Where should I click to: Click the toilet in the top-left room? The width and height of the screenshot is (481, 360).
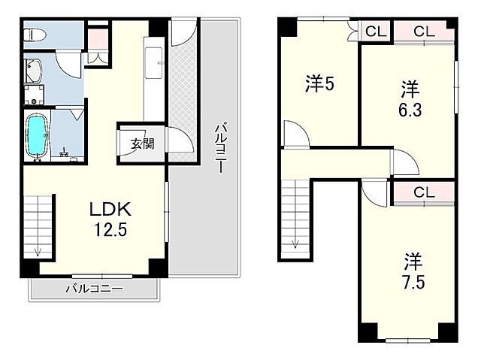pos(37,35)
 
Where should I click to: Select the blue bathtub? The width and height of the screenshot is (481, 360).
pos(36,135)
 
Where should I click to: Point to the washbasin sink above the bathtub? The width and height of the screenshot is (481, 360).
pos(35,71)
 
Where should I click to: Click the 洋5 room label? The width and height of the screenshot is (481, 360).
pos(319,84)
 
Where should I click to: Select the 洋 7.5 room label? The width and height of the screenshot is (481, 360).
pos(413,273)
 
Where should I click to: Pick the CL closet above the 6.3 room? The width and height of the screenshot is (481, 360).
pos(424,32)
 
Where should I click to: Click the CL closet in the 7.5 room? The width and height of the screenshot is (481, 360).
pos(424,192)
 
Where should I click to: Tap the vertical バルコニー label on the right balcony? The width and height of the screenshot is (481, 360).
pos(219,147)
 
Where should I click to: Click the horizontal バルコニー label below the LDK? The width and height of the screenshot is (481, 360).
pos(94,289)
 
